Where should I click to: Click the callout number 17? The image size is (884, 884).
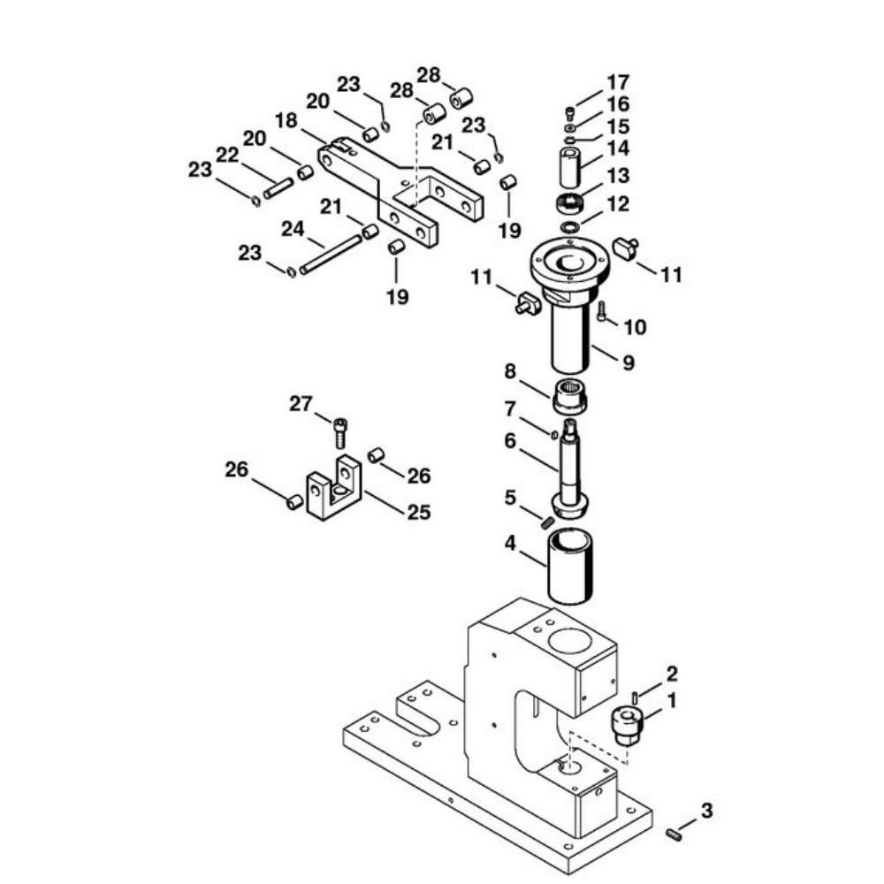(x=618, y=82)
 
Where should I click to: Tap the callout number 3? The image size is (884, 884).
(x=706, y=811)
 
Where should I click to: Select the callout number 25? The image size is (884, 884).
(x=419, y=512)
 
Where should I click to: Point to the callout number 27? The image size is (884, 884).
(x=301, y=404)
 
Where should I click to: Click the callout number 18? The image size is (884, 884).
(x=286, y=120)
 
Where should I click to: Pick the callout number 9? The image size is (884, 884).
(x=629, y=362)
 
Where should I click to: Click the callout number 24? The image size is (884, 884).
(x=293, y=229)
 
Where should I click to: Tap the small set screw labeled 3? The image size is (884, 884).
(x=674, y=834)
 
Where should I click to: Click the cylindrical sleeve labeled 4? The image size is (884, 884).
(x=569, y=567)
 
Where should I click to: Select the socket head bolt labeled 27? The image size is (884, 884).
(x=340, y=432)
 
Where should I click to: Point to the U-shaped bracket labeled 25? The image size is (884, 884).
(x=334, y=487)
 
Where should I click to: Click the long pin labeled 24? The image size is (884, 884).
(x=331, y=255)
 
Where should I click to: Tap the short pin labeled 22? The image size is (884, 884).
(x=278, y=188)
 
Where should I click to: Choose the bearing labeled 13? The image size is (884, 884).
(x=569, y=203)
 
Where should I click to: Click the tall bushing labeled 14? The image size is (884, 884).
(x=571, y=167)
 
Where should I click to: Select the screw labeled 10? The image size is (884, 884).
(x=601, y=311)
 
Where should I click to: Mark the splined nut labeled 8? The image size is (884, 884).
(x=569, y=397)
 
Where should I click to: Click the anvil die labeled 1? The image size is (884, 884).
(x=628, y=728)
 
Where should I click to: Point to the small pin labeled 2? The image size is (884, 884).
(x=635, y=697)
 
